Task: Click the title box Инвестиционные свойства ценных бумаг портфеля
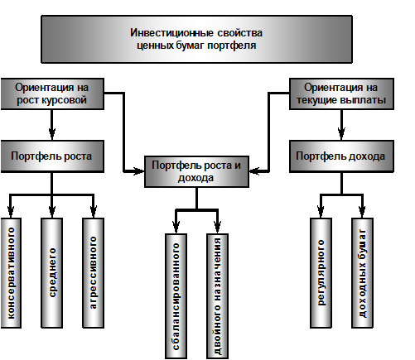(x=196, y=39)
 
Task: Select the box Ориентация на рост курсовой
(x=52, y=94)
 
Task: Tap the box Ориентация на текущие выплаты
(x=341, y=94)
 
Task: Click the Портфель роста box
(x=52, y=156)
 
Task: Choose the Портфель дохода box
(x=341, y=156)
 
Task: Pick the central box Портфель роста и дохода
(x=196, y=171)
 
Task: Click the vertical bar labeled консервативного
(x=11, y=273)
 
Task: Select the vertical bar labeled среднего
(x=52, y=273)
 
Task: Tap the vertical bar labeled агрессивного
(x=94, y=273)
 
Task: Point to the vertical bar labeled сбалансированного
(x=176, y=296)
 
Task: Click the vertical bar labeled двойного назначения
(x=217, y=296)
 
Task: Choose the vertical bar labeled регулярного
(x=321, y=273)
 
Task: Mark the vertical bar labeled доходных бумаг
(x=362, y=273)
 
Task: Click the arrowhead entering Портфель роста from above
(x=52, y=134)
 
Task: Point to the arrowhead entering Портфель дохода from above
(x=341, y=134)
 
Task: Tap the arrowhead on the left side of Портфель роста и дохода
(x=138, y=171)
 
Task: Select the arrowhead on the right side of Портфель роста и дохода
(x=254, y=171)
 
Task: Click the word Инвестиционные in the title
(x=171, y=33)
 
